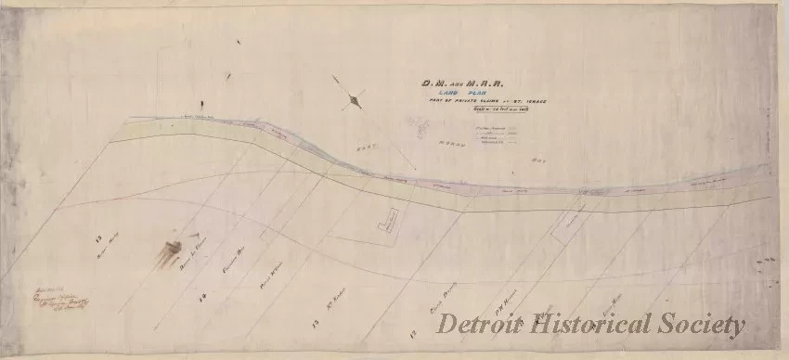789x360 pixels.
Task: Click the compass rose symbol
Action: pos(352,97)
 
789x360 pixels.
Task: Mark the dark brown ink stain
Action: pos(171,252)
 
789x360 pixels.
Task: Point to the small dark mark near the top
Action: pos(238,42)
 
